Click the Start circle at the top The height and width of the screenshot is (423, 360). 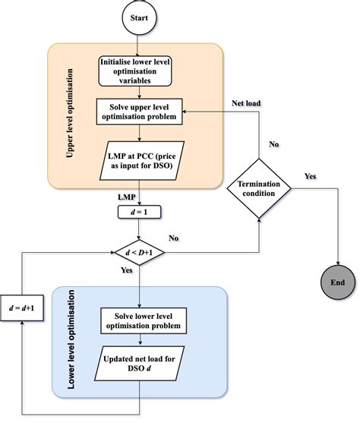tap(141, 16)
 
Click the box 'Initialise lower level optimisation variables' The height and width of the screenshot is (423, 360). tap(141, 71)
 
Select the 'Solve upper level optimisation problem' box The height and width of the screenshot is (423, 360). tap(141, 112)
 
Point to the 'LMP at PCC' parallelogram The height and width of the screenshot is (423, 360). tap(141, 159)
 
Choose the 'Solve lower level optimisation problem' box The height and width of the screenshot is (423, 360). tap(141, 320)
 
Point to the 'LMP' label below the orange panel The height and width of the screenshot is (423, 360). tap(127, 197)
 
